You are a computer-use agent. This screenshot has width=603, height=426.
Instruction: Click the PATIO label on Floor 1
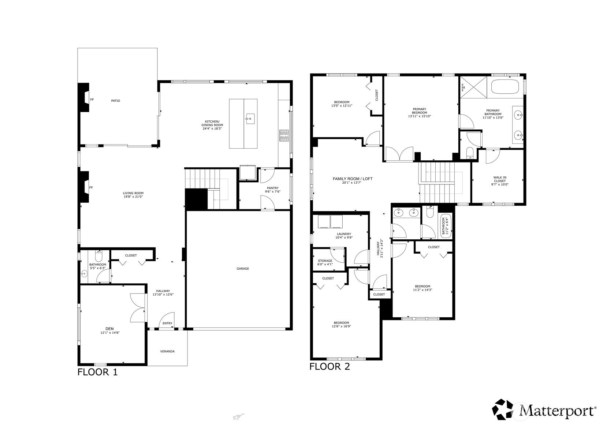click(115, 101)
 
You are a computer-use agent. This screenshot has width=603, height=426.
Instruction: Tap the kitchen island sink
click(250, 119)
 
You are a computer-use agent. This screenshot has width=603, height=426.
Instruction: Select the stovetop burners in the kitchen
click(284, 135)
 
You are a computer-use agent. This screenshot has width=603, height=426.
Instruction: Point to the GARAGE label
click(242, 269)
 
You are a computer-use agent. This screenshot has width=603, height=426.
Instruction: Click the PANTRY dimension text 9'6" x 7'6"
click(273, 192)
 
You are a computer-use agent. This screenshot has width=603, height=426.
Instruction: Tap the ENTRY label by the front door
click(167, 323)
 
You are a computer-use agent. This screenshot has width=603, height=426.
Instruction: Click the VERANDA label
click(167, 351)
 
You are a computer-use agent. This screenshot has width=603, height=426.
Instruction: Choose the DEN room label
click(109, 329)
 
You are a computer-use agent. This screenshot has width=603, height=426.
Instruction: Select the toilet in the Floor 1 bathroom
click(98, 256)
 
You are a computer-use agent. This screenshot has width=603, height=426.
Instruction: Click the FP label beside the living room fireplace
click(91, 187)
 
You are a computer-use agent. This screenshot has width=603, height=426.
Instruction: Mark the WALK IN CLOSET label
click(500, 179)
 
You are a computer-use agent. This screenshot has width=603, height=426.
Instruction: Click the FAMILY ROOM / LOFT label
click(352, 179)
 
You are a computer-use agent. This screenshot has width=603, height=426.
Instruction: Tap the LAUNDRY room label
click(344, 234)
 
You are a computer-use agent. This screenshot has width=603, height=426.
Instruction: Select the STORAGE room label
click(325, 261)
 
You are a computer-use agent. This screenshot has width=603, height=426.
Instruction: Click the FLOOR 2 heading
click(330, 366)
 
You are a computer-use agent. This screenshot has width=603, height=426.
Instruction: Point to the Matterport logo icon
click(503, 409)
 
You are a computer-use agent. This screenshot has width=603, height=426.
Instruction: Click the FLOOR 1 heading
click(97, 372)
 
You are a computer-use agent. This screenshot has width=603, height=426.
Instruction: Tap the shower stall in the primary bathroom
click(473, 87)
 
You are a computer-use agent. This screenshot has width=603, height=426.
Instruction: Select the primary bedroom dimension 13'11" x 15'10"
click(420, 116)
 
